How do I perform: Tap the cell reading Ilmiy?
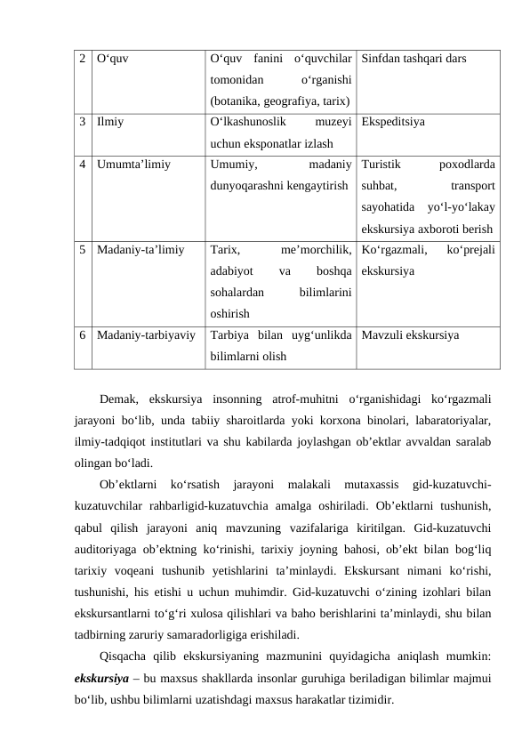point(111,117)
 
